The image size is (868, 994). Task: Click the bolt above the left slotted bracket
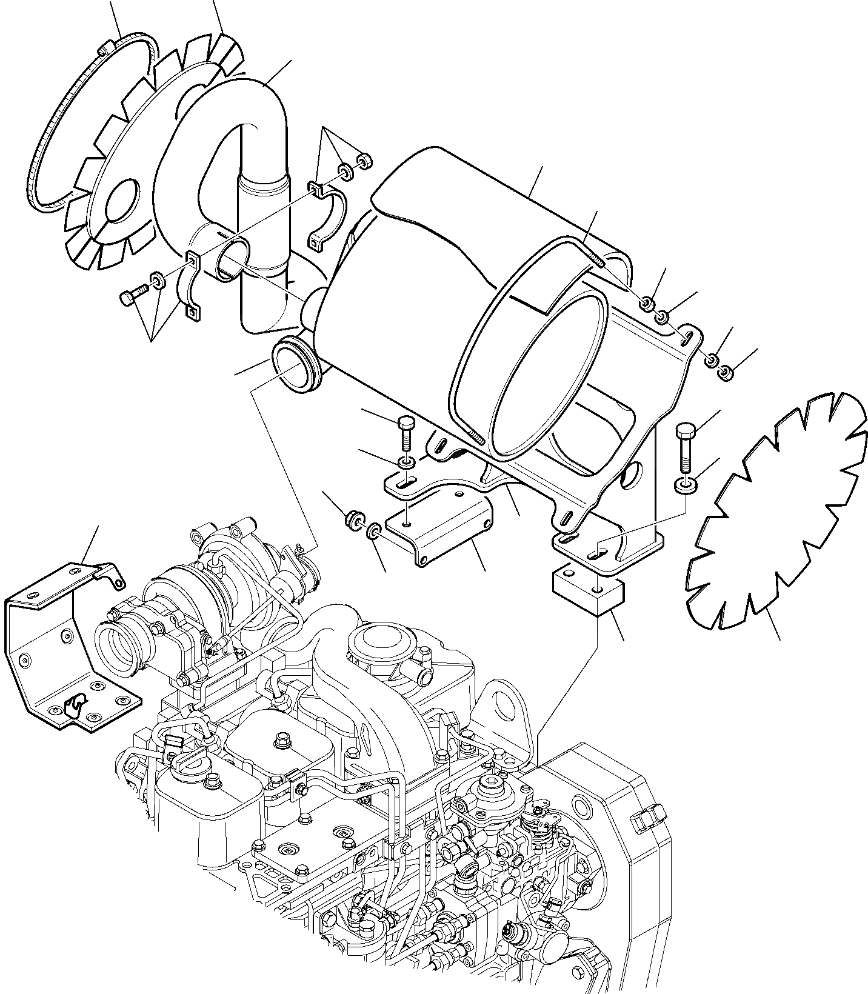coord(406,432)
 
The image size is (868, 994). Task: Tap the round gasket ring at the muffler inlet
coord(293,364)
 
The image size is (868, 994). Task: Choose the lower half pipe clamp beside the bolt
coord(189,285)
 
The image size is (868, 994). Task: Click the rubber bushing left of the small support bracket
coord(352,519)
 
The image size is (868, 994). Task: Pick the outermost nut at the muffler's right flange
coord(723,374)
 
